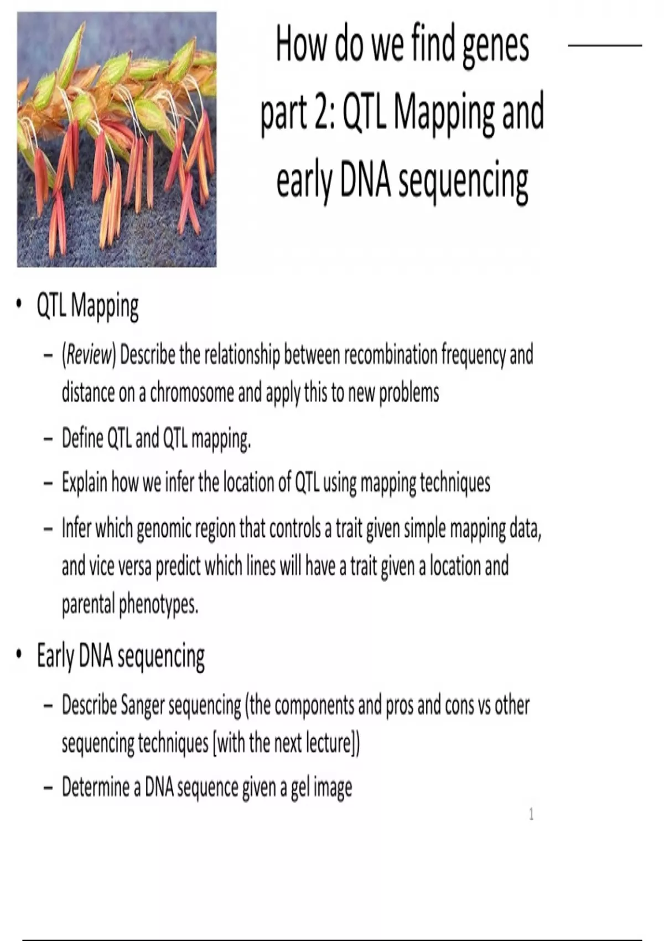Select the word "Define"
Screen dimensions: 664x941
coord(82,438)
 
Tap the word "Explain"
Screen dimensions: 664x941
coord(84,483)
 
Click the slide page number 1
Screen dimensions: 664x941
coord(531,815)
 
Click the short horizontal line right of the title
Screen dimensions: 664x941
coord(605,45)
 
